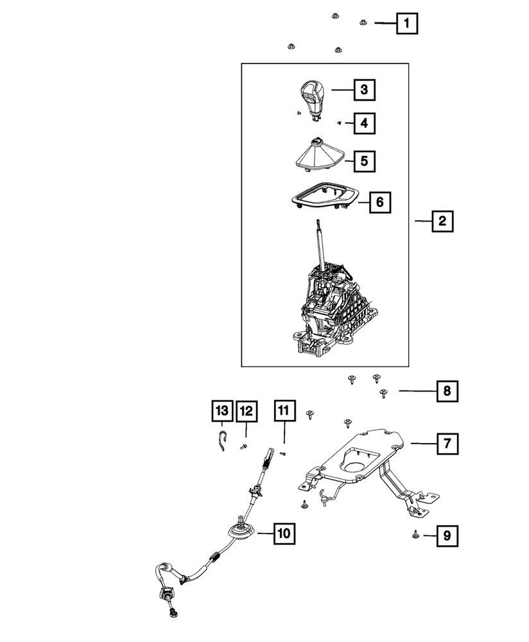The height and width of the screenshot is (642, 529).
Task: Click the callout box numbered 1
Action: (406, 24)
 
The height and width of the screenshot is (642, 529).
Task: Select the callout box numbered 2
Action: (442, 222)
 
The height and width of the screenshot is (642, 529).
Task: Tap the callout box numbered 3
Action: (363, 91)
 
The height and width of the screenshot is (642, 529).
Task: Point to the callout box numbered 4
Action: (363, 123)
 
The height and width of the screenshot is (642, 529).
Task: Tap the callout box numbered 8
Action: (447, 390)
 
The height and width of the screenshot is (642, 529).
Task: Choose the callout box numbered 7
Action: (447, 442)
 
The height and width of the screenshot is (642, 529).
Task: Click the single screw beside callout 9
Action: (415, 533)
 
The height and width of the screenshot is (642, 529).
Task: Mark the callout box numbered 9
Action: (447, 535)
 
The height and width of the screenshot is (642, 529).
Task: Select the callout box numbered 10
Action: (284, 532)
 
